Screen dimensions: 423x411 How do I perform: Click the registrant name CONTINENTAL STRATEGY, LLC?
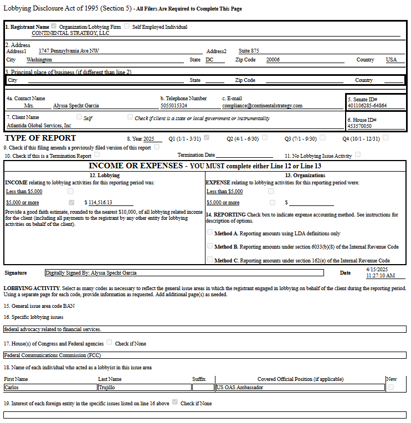click(70, 33)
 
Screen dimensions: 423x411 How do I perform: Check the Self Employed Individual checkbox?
click(127, 26)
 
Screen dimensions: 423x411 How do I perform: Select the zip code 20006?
click(273, 59)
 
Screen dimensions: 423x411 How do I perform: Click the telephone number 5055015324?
click(174, 105)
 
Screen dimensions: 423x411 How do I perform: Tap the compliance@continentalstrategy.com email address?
click(262, 105)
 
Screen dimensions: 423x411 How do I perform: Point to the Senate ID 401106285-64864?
click(367, 105)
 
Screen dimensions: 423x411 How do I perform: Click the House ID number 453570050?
click(359, 126)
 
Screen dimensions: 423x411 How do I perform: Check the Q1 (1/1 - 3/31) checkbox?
click(207, 137)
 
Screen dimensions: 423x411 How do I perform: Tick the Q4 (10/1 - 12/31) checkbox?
click(386, 137)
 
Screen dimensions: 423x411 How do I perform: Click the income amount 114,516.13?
click(100, 203)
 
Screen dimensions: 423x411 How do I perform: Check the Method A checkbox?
click(210, 233)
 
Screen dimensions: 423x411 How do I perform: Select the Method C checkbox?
click(210, 260)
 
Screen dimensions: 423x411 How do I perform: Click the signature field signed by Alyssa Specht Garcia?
click(184, 272)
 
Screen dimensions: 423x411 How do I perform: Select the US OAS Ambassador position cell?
click(300, 388)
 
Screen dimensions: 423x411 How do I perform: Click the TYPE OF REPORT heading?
click(40, 138)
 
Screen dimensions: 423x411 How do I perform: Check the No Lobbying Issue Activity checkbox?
click(358, 155)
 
